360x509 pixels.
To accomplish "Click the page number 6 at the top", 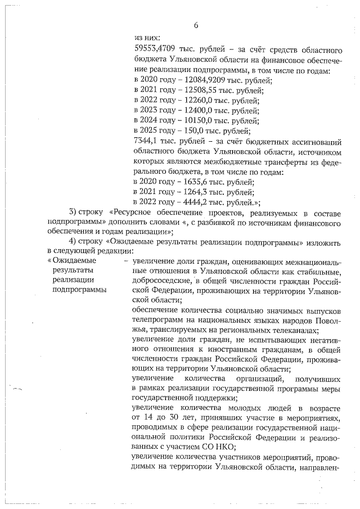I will tap(196, 25).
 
